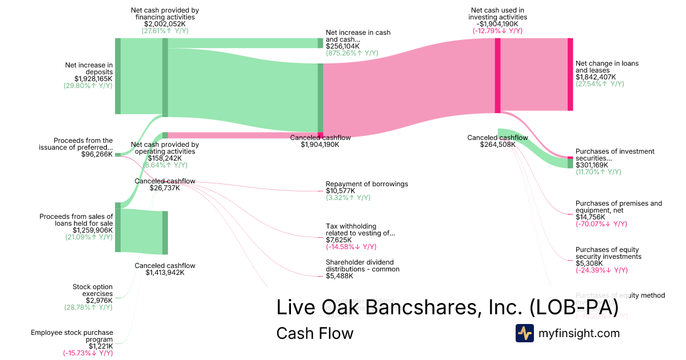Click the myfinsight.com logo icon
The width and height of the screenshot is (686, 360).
(x=525, y=333)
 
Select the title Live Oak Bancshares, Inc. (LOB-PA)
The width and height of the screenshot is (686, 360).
(x=447, y=307)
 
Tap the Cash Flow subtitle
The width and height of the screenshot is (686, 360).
(x=314, y=333)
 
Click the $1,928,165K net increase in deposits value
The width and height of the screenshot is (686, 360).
(x=93, y=79)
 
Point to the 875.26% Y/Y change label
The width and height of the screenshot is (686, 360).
(x=352, y=53)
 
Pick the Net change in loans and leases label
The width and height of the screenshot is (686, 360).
(x=607, y=67)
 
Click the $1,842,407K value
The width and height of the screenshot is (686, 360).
(x=596, y=77)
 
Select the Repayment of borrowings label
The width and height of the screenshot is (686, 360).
(x=366, y=184)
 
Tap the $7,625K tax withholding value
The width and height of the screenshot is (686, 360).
(x=340, y=240)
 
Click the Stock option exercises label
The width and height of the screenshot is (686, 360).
(x=93, y=290)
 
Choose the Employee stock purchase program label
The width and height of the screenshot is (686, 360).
(x=72, y=336)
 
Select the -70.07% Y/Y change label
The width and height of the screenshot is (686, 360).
(x=601, y=224)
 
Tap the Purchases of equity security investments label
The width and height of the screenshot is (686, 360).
(x=608, y=253)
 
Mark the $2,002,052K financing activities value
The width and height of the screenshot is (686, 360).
(x=165, y=24)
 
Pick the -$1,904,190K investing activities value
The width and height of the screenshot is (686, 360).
(x=497, y=24)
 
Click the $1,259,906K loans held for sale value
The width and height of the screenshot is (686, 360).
(x=93, y=230)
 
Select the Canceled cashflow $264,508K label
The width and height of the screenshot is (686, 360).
(x=497, y=141)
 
